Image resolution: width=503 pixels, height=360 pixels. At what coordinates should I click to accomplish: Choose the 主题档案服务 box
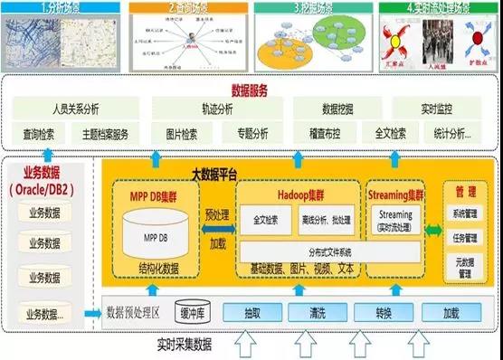107,134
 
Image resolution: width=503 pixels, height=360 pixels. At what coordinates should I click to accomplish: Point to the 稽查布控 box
324,134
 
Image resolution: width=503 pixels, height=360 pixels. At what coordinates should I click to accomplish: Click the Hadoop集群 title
296,192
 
